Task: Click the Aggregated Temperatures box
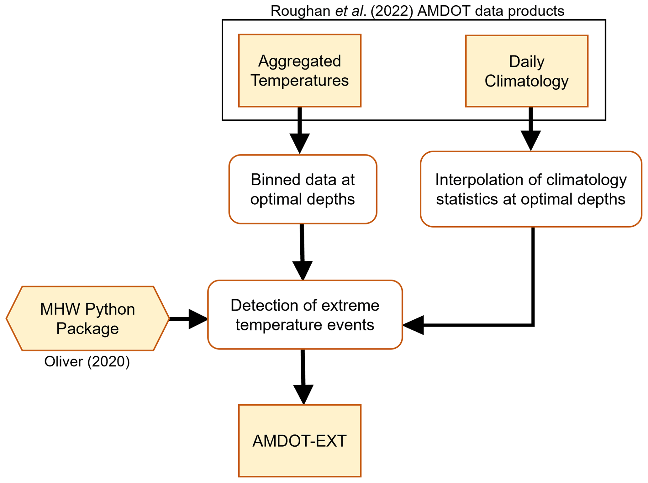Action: pos(299,71)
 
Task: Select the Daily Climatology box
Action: pos(526,71)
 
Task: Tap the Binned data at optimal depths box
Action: pos(303,189)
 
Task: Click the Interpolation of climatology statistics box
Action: pos(531,189)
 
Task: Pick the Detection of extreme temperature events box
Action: pos(305,314)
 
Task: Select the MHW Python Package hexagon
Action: pos(87,318)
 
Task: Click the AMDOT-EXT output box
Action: pos(299,441)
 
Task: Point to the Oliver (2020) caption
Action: pos(87,362)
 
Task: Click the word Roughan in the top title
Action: pos(300,11)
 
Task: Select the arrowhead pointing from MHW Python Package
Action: pos(198,319)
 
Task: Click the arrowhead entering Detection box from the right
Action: pos(413,325)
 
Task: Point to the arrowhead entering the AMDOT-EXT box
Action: pos(303,395)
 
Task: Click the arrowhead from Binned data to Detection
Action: pos(303,270)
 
